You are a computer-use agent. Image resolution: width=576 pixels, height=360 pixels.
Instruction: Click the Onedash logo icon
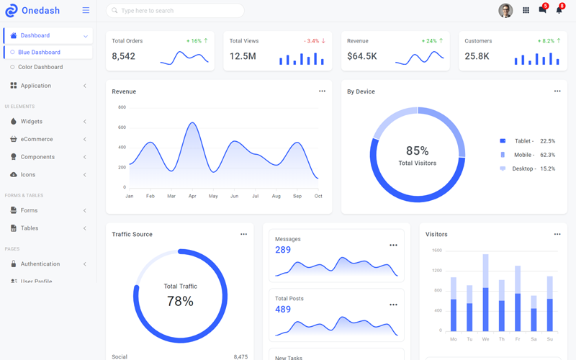coord(11,11)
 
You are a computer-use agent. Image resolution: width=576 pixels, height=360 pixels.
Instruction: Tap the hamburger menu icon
coord(86,11)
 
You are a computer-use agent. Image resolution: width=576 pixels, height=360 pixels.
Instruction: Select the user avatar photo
coord(505,10)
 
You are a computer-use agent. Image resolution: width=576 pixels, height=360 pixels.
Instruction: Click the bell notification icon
coord(559,10)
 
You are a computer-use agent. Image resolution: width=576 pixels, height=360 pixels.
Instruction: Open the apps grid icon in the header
coord(526,10)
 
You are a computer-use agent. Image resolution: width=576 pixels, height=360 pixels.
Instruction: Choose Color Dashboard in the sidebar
coord(40,67)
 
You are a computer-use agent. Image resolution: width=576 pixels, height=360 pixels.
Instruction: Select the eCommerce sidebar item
coord(37,139)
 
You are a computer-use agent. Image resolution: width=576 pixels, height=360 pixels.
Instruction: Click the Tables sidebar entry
coord(30,228)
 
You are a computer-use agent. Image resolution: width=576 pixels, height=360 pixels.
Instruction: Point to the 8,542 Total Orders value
coord(124,56)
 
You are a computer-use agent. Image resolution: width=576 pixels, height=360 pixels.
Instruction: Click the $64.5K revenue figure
coord(361,56)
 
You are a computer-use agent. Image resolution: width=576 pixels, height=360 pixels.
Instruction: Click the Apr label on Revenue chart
coord(192,196)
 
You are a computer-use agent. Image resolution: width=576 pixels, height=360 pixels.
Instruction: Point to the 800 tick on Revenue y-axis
coord(122,107)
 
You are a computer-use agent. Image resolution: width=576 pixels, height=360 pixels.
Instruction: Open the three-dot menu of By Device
coord(557,91)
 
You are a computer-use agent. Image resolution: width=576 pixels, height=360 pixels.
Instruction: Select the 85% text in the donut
coord(417,150)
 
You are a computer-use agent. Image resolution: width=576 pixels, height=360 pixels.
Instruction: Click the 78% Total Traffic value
coord(180,301)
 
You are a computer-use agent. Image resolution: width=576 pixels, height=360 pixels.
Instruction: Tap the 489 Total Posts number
coord(283,309)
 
